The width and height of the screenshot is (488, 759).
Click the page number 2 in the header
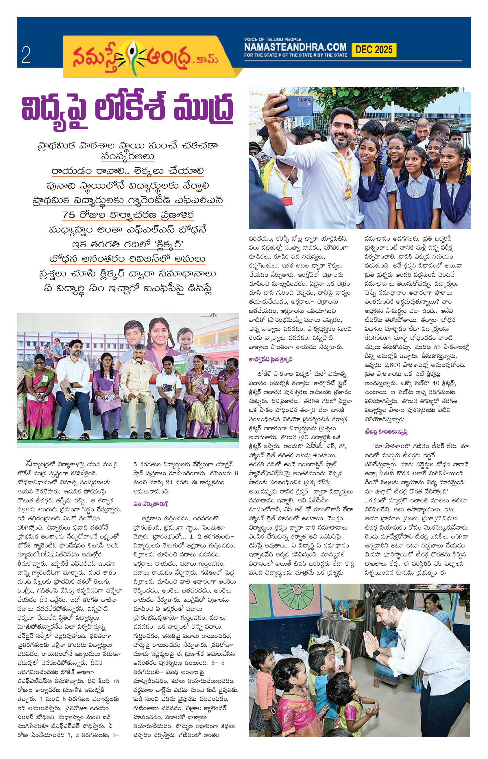tap(26, 55)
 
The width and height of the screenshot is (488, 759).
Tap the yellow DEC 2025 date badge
tap(374, 50)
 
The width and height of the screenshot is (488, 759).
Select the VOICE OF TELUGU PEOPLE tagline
tap(273, 40)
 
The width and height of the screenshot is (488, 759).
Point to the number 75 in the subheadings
tap(69, 215)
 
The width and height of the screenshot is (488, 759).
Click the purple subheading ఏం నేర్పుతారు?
tap(151, 504)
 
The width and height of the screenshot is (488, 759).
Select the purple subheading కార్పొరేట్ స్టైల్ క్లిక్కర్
tap(270, 359)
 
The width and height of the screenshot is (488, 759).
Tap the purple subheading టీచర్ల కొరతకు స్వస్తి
tap(386, 432)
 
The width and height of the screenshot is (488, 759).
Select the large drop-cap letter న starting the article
tap(29, 464)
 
